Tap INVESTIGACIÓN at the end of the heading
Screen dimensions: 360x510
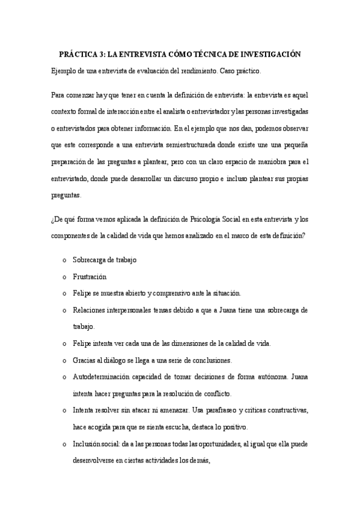point(267,54)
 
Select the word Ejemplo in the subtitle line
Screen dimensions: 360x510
point(64,72)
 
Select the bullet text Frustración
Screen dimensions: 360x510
point(89,277)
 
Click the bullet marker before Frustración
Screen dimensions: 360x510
point(64,277)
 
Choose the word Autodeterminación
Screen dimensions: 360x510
point(102,377)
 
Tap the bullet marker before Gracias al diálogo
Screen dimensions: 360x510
point(64,360)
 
